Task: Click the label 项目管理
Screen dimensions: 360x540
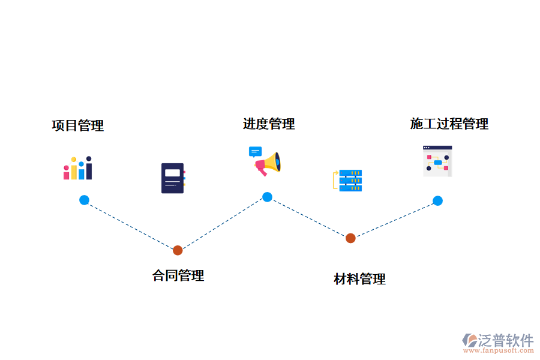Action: [77, 126]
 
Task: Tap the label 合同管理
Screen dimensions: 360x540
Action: [178, 276]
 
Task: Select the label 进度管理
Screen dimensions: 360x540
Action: [269, 124]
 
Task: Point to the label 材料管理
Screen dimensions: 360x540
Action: [359, 279]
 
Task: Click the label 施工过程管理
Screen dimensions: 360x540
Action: [449, 124]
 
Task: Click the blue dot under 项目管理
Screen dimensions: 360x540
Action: [84, 200]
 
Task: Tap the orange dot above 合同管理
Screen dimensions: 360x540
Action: [178, 250]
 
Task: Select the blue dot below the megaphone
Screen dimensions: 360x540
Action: [267, 197]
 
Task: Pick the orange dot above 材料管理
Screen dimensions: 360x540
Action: [350, 238]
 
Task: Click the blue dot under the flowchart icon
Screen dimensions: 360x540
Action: [437, 200]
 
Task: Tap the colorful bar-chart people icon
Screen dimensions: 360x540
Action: [78, 169]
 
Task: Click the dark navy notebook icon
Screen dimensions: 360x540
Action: [173, 178]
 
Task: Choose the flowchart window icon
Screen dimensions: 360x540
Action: [437, 160]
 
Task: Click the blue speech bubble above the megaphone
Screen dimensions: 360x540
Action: [256, 152]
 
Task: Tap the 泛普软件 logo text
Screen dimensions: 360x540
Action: [506, 340]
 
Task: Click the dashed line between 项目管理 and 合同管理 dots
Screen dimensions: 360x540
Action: [131, 225]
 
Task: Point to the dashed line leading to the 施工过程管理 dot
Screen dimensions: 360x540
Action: [394, 220]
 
